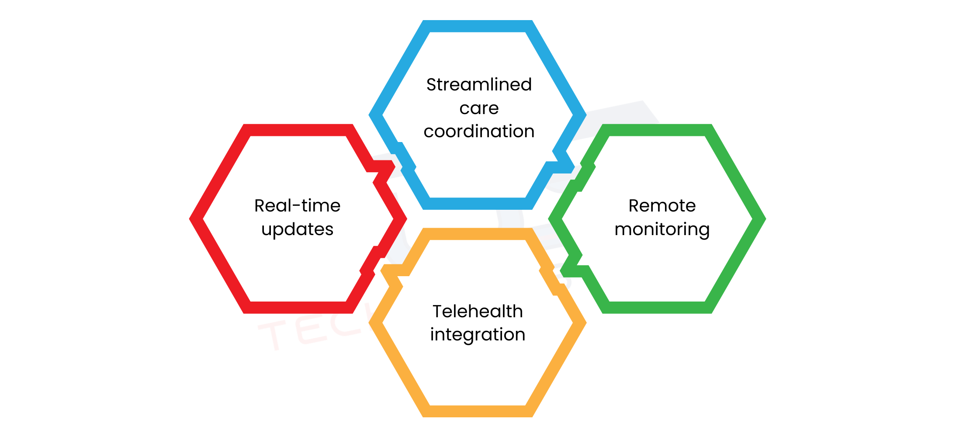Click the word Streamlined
(479, 85)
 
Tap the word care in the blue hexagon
(479, 108)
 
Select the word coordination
(479, 132)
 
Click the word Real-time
(297, 206)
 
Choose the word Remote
(662, 206)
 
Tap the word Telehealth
(478, 312)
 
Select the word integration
(478, 335)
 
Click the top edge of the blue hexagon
(478, 26)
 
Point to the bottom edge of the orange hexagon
(478, 411)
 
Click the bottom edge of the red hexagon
(298, 307)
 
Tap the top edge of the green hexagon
(657, 130)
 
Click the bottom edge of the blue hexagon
(478, 204)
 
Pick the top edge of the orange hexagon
(478, 234)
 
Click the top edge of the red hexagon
(298, 130)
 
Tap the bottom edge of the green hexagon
(657, 307)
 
